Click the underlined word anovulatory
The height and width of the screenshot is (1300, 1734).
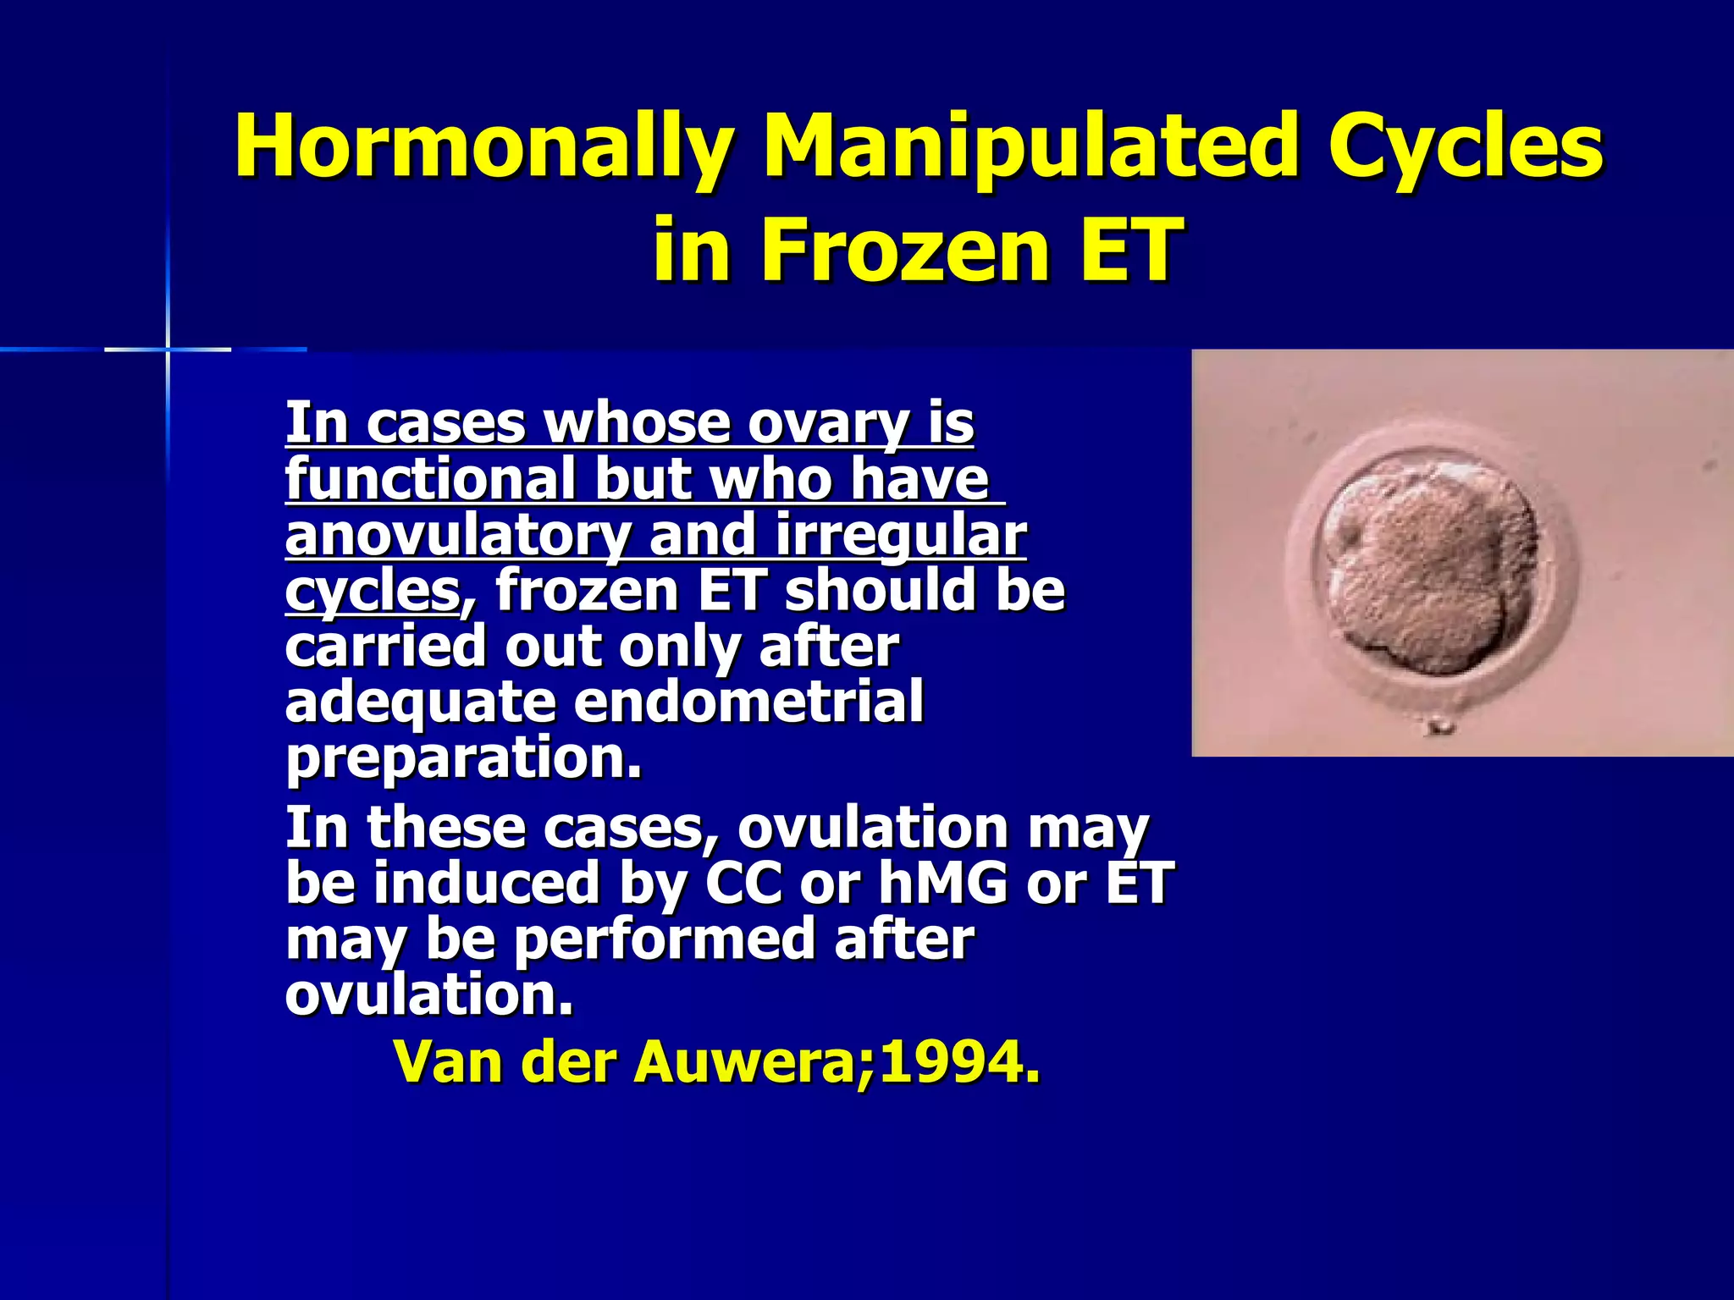pyautogui.click(x=457, y=536)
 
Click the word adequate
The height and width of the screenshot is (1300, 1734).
pyautogui.click(x=419, y=702)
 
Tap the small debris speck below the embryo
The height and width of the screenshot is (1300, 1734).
pyautogui.click(x=1437, y=725)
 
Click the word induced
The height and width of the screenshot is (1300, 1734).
pyautogui.click(x=487, y=883)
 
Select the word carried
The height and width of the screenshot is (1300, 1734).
pyautogui.click(x=385, y=647)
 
